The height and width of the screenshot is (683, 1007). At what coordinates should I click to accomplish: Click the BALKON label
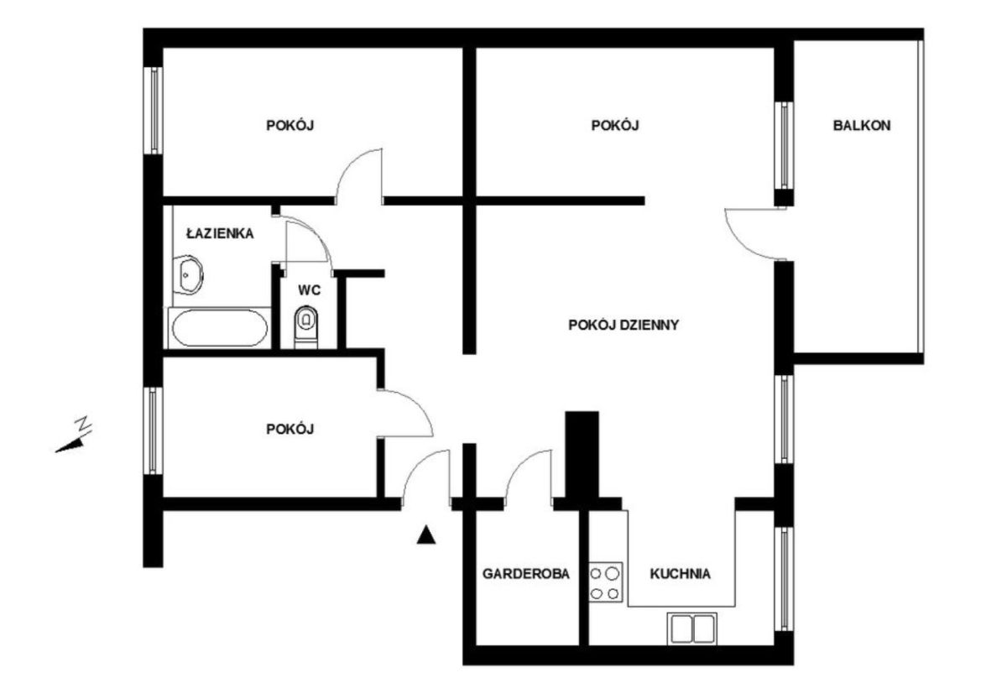(x=861, y=126)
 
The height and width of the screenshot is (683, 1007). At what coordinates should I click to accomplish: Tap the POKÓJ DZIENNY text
(x=624, y=325)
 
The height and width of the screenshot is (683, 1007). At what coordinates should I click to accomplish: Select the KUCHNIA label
(x=681, y=574)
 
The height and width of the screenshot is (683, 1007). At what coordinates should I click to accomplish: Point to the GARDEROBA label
(x=526, y=574)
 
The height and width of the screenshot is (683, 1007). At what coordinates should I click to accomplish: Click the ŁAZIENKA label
(x=220, y=233)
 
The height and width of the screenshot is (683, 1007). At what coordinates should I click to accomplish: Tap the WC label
(x=310, y=290)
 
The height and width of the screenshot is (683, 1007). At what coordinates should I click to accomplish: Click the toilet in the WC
(x=306, y=327)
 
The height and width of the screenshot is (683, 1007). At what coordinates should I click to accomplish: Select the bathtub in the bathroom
(x=220, y=328)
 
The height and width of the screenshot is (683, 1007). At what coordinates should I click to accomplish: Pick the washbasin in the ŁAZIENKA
(x=188, y=275)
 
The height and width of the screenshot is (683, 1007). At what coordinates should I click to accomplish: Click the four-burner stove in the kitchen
(x=606, y=582)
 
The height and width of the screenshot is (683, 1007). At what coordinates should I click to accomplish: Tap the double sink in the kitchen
(x=692, y=628)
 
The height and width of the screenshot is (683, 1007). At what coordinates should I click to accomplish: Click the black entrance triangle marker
(x=425, y=535)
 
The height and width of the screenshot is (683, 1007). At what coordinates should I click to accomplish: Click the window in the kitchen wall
(x=784, y=579)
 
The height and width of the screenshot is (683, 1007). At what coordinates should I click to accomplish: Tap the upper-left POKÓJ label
(x=290, y=126)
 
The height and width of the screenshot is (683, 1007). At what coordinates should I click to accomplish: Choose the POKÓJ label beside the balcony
(x=615, y=126)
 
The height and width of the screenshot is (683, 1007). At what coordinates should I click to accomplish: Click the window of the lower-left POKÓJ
(x=153, y=430)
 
